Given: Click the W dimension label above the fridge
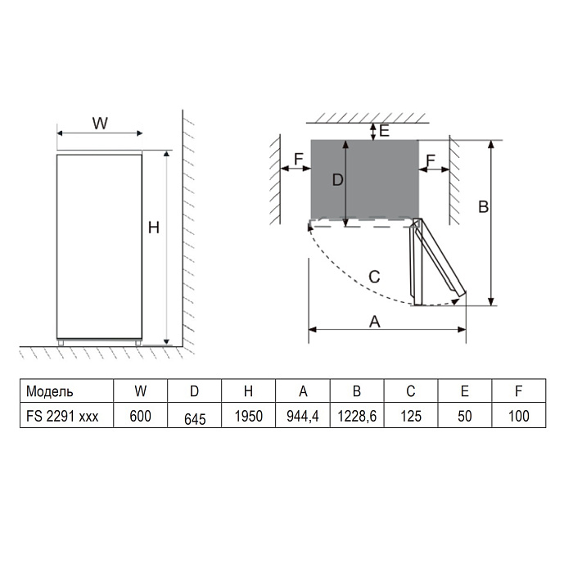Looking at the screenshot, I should coord(99,123).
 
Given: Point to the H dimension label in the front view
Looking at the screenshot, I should coord(153,228).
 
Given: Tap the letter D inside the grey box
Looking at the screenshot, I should coord(336,181).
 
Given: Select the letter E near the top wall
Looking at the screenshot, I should coord(385,130).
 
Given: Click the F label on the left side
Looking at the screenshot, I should coord(298,157).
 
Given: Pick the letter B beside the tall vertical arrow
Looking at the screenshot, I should coord(483,207).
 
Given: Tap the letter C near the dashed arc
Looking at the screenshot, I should coord(373,277).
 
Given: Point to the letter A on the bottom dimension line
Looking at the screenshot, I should coord(375,322).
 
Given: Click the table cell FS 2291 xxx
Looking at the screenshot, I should coord(62,416).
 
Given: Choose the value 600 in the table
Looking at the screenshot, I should coord(140,416).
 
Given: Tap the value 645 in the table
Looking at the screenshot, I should coord(194,418).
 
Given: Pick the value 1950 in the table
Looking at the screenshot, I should coord(248,416).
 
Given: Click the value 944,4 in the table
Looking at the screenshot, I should coord(303,416).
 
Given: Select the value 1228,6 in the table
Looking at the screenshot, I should coord(357,416).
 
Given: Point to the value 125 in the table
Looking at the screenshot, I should coord(411,416).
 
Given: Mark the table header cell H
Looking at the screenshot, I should coord(248,390).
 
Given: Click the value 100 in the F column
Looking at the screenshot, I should coord(519,416).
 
